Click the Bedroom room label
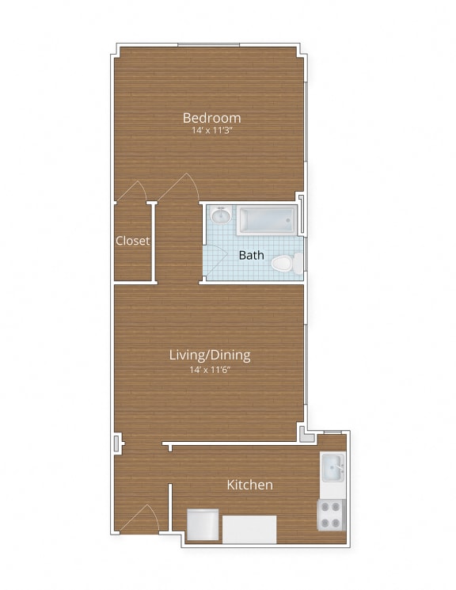point(211,118)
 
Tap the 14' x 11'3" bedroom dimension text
point(211,131)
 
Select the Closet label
point(133,241)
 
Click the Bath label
point(252,255)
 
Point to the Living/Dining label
point(211,355)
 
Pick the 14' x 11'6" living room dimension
point(211,369)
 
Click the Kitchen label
point(250,485)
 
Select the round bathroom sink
point(221,215)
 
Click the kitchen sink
point(332,470)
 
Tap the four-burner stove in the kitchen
point(332,515)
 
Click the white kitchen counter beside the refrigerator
point(249,529)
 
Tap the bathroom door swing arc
point(215,257)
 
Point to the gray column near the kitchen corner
point(304,432)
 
